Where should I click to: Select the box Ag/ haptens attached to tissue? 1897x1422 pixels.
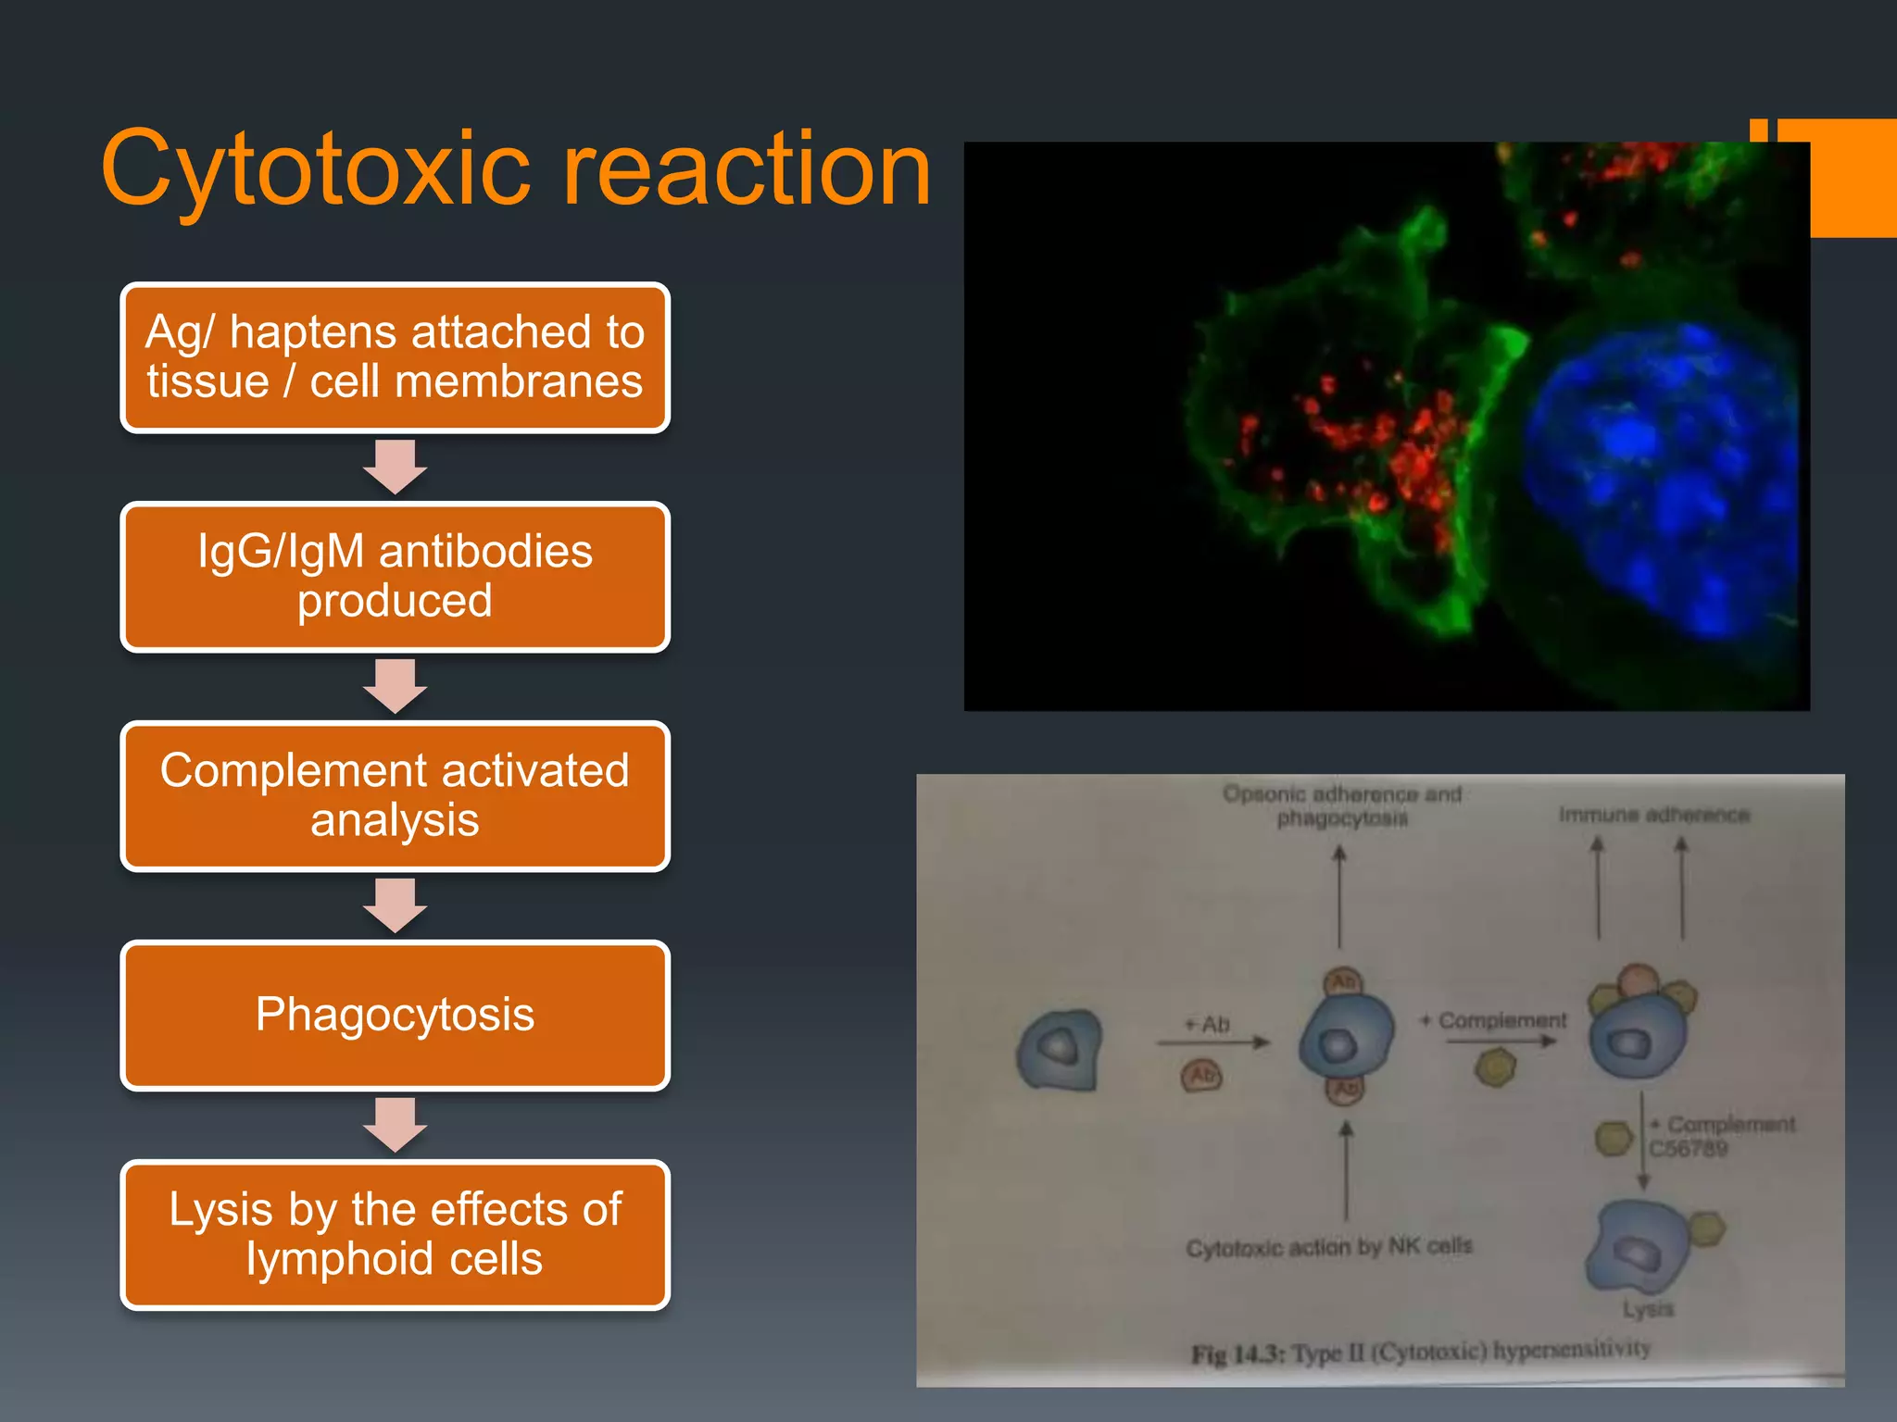(395, 357)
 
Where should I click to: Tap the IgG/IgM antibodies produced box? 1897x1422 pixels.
(395, 577)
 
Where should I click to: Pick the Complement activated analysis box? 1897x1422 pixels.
(395, 796)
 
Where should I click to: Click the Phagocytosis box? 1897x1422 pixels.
(395, 1015)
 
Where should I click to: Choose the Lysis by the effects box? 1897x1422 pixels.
(395, 1234)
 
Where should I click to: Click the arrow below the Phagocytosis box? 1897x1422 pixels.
(395, 1125)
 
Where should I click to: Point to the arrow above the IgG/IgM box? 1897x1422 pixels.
(395, 467)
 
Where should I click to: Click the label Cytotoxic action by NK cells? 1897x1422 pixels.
(1329, 1247)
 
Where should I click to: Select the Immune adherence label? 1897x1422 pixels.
(1654, 815)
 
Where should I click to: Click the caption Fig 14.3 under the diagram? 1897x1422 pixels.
(1420, 1352)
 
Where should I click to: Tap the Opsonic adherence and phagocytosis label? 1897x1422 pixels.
(1342, 805)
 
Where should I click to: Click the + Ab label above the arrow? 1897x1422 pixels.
(1208, 1024)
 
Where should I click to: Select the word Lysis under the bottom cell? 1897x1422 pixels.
(1648, 1309)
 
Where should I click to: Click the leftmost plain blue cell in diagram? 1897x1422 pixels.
(1060, 1050)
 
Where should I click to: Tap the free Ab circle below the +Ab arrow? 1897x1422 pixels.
(1201, 1076)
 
